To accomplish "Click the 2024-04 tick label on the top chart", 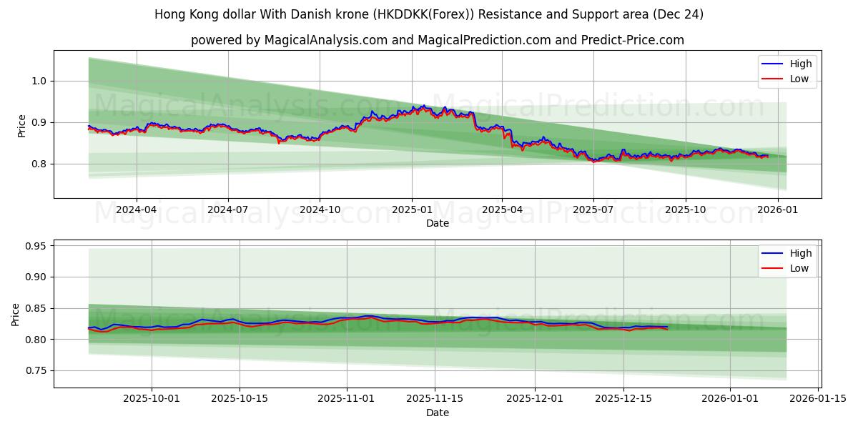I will [136, 210].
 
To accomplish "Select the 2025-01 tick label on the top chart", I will [411, 210].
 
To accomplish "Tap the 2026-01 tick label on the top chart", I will [777, 210].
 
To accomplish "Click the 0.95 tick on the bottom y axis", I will [34, 246].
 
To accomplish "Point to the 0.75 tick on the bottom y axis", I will [34, 370].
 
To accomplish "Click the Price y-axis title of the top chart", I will [21, 126].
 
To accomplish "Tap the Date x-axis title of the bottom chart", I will [438, 413].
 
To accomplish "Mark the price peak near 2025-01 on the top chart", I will [423, 106].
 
